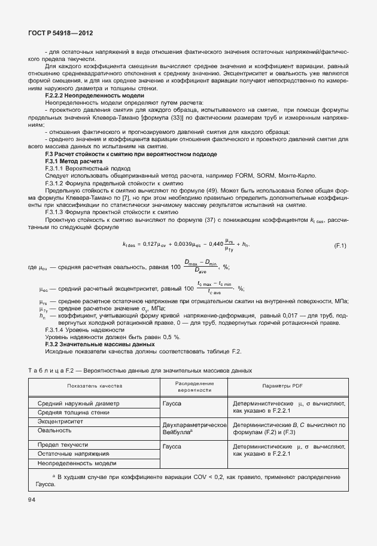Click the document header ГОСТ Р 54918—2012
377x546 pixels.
pyautogui.click(x=60, y=35)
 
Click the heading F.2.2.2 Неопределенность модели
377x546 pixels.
pyautogui.click(x=95, y=96)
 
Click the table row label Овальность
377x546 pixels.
pyautogui.click(x=54, y=430)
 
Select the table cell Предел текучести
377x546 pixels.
pyautogui.click(x=63, y=445)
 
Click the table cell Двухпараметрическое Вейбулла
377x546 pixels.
pyautogui.click(x=194, y=428)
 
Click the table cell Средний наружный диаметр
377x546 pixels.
pyautogui.click(x=78, y=403)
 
